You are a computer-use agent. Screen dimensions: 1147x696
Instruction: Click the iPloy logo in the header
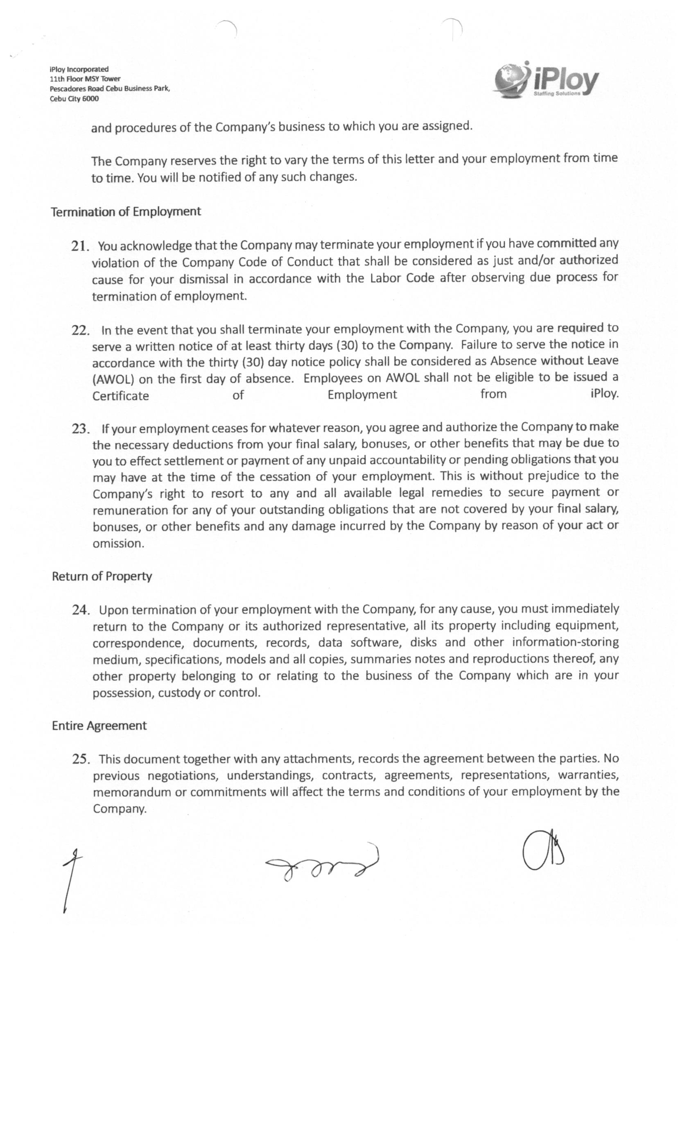point(545,80)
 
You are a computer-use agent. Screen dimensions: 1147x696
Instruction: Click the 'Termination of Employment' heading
point(126,212)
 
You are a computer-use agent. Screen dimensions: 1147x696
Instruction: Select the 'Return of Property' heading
point(102,576)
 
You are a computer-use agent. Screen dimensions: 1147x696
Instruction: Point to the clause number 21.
point(79,246)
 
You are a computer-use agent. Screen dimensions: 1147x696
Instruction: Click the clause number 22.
point(80,331)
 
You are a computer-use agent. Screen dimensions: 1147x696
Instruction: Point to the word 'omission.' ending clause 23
point(119,543)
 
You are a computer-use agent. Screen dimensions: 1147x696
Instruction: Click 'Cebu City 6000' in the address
point(75,99)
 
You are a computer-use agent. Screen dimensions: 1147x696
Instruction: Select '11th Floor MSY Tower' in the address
point(85,79)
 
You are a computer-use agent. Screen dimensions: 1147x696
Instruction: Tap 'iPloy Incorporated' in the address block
point(79,69)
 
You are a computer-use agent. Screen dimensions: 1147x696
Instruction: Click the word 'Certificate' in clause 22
point(120,396)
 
